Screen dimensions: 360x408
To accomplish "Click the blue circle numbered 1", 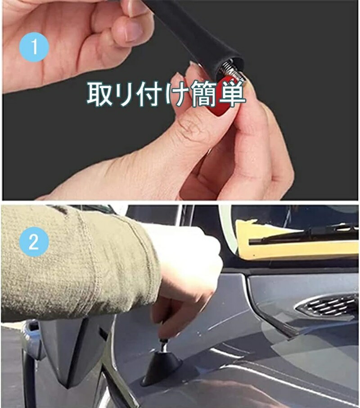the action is coord(34,47).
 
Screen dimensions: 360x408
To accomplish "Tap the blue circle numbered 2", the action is coord(34,242).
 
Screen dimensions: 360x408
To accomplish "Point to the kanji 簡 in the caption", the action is coord(204,94).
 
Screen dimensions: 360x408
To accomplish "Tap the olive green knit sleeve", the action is coord(78,263).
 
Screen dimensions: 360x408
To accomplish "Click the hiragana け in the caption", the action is coord(177,94).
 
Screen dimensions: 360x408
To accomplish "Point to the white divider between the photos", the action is coord(180,202).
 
